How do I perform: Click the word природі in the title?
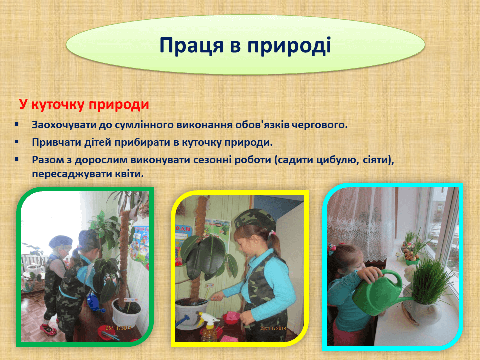point(289,46)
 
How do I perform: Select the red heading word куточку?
point(58,105)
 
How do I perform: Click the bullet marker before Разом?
point(17,159)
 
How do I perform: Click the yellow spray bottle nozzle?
point(205,318)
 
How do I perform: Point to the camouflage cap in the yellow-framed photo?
point(255,220)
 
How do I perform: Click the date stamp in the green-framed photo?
point(119,328)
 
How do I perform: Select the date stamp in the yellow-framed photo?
point(273,329)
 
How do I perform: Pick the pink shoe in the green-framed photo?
point(48,329)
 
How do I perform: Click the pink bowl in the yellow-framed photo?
point(231,318)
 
